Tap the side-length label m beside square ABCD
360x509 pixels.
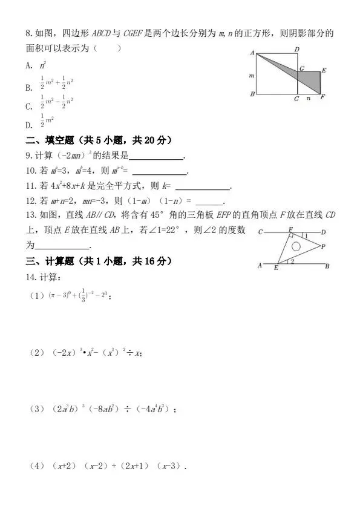tap(250, 76)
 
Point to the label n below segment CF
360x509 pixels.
tap(309, 98)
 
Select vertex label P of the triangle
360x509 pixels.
tap(323, 246)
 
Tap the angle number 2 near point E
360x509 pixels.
tap(292, 261)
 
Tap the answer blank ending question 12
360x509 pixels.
tap(210, 202)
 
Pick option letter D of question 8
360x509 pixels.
tap(28, 125)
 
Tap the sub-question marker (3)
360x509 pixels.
tap(37, 410)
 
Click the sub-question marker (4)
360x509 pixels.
tap(37, 467)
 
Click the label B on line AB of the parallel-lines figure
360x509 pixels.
tap(327, 266)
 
